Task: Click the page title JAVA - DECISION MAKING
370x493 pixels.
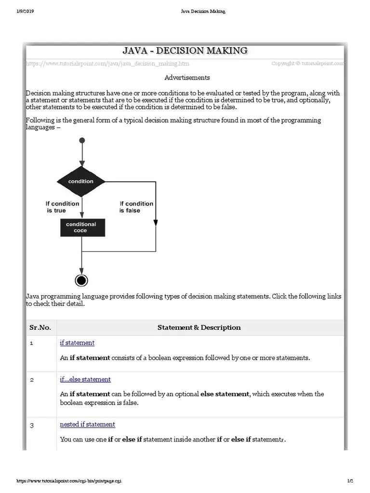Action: click(x=185, y=50)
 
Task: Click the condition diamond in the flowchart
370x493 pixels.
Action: click(x=81, y=182)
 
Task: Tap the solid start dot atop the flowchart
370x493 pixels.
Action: click(x=82, y=140)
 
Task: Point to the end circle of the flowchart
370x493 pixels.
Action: click(x=81, y=280)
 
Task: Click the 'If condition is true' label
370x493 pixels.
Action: click(x=62, y=207)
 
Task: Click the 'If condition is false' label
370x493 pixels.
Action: click(x=136, y=207)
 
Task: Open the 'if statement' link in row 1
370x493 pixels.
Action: click(x=77, y=343)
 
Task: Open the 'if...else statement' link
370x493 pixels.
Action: click(x=85, y=379)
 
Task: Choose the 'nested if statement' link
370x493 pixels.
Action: click(x=87, y=424)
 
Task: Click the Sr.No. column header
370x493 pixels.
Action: click(x=40, y=327)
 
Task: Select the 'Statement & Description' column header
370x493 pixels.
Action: click(x=199, y=327)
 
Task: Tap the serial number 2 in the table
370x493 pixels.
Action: click(x=32, y=380)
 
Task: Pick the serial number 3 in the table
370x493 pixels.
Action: click(x=32, y=425)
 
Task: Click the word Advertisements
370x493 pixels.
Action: click(x=187, y=78)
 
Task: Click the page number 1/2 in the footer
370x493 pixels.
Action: click(x=350, y=481)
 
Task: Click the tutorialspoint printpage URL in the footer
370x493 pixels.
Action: click(x=69, y=481)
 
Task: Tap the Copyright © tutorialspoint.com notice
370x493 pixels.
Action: click(x=307, y=63)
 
